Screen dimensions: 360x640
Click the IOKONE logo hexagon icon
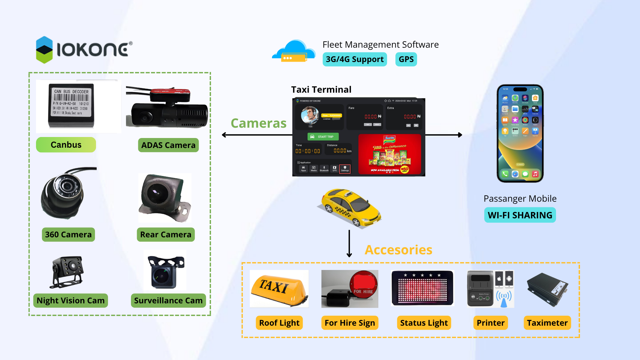[44, 50]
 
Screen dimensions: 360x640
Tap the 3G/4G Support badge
[355, 59]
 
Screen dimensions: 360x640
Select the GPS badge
[406, 59]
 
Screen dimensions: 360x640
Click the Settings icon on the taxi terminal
[345, 169]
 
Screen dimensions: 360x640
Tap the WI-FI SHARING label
[520, 215]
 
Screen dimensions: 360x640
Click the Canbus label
[66, 145]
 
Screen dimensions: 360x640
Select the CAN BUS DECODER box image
[71, 105]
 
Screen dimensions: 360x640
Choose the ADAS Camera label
[168, 145]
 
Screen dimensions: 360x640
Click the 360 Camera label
[68, 234]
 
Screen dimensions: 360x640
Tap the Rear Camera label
[166, 234]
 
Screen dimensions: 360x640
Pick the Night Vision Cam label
[71, 300]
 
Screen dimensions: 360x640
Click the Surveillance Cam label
[168, 300]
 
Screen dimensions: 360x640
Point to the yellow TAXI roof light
[279, 288]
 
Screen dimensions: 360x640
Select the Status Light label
[424, 323]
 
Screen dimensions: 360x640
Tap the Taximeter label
[547, 323]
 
